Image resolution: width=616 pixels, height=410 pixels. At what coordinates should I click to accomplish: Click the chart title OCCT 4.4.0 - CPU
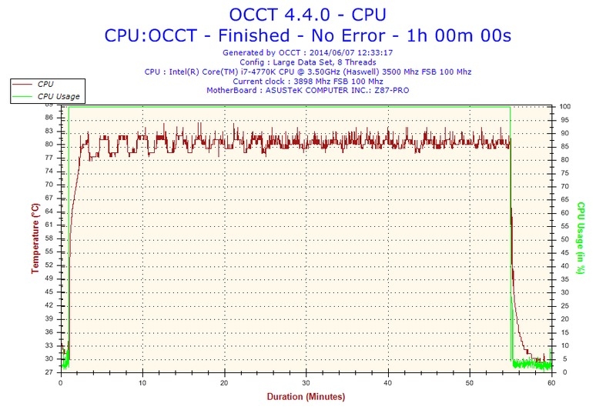click(307, 14)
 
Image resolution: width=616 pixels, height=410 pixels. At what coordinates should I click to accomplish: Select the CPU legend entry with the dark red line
click(45, 83)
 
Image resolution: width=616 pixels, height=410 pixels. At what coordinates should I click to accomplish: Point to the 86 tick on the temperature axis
click(49, 117)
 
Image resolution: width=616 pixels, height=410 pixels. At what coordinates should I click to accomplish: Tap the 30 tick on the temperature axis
click(49, 358)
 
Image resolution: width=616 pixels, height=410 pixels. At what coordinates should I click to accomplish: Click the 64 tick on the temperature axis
click(49, 212)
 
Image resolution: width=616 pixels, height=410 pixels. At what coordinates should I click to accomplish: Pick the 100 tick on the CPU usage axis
click(564, 106)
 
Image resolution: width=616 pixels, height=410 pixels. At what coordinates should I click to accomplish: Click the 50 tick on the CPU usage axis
click(563, 239)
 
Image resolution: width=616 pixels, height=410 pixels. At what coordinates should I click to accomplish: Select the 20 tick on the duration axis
click(224, 382)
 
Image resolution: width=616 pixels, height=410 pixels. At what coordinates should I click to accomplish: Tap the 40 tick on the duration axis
click(388, 382)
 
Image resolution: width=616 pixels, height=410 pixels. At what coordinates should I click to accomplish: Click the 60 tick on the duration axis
click(551, 382)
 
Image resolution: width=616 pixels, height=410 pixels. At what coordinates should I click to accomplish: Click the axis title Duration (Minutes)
click(306, 397)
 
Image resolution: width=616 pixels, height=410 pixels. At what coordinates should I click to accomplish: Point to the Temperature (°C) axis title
click(35, 238)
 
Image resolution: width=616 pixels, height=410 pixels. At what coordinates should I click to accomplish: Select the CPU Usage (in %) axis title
click(582, 238)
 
